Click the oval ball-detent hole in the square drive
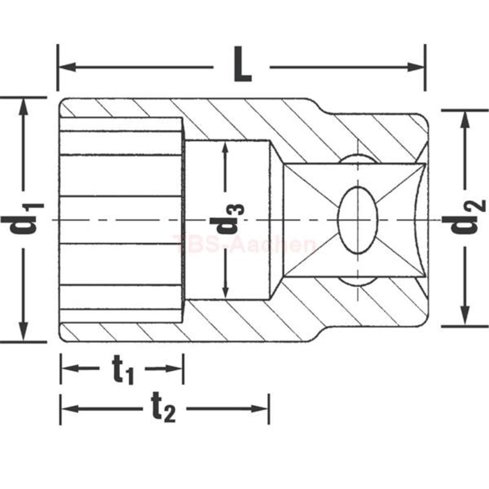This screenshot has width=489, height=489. click(x=357, y=220)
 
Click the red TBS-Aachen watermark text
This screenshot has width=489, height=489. click(x=244, y=244)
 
